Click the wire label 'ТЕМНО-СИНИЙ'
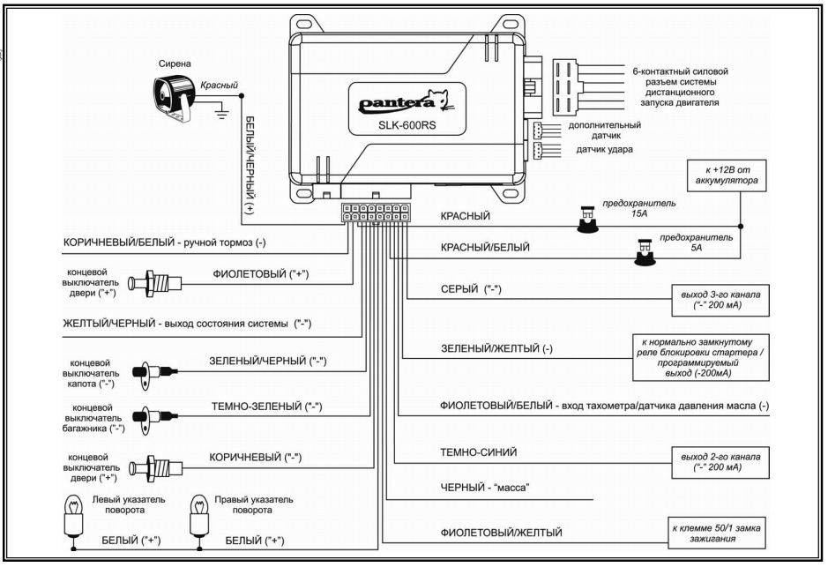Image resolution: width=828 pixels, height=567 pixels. pos(478,451)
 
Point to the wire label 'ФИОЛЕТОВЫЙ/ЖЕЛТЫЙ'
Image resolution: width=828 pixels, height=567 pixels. pos(501,532)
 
